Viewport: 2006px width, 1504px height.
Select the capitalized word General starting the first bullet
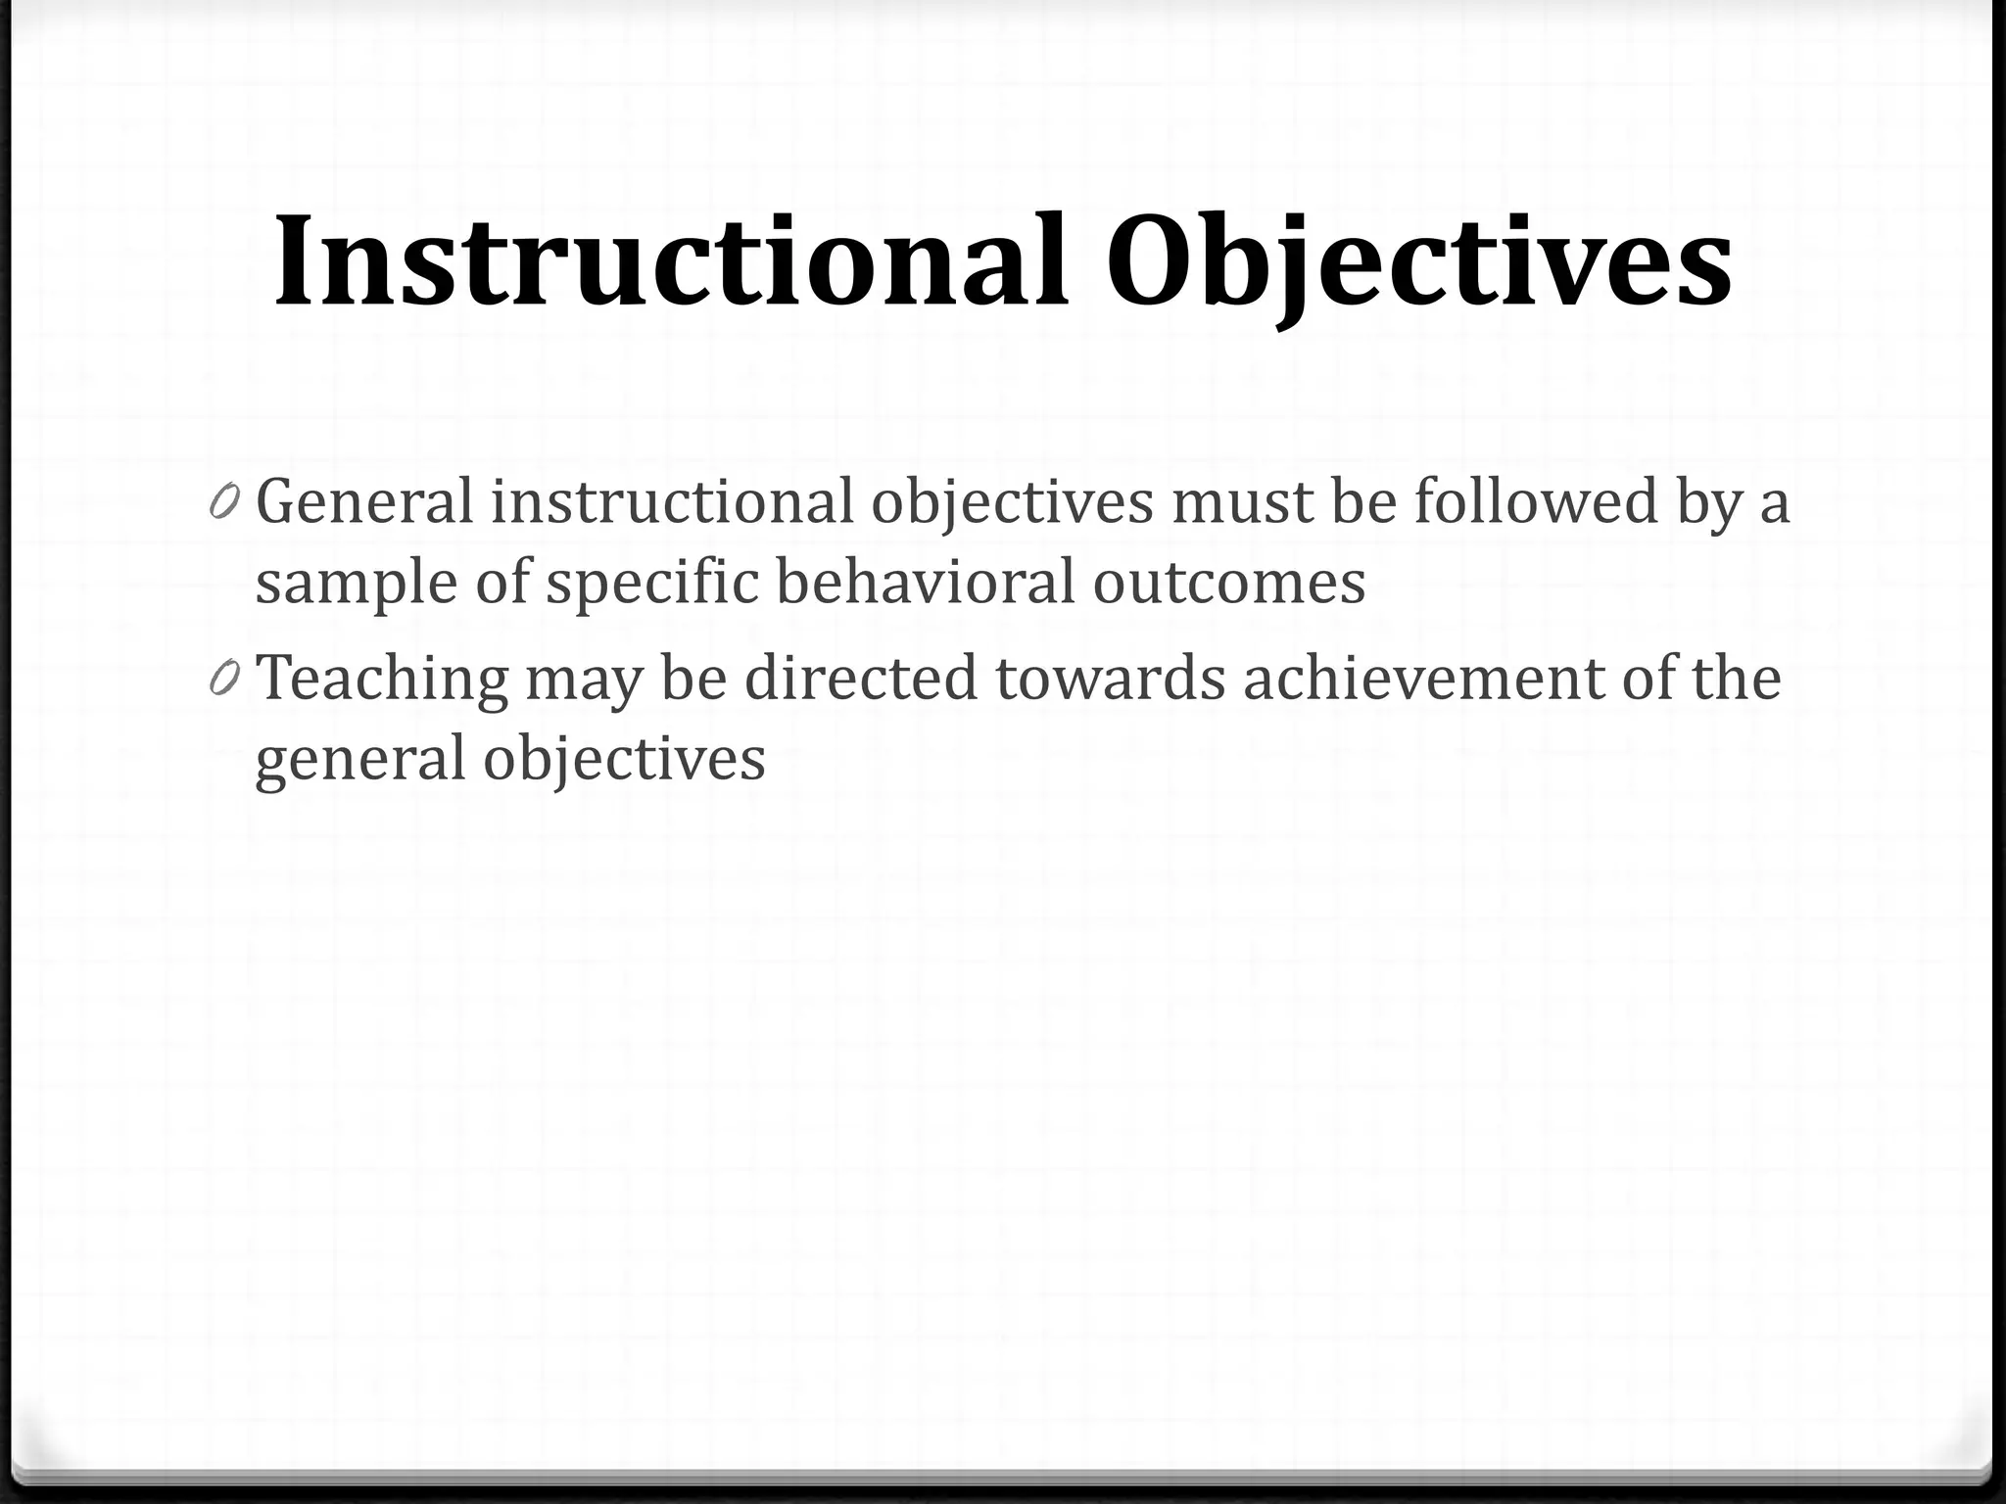364,501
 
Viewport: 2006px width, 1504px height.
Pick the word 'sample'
357,584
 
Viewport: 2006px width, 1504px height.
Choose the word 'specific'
652,584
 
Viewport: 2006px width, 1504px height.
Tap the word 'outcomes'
1228,584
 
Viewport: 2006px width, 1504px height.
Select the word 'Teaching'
382,679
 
